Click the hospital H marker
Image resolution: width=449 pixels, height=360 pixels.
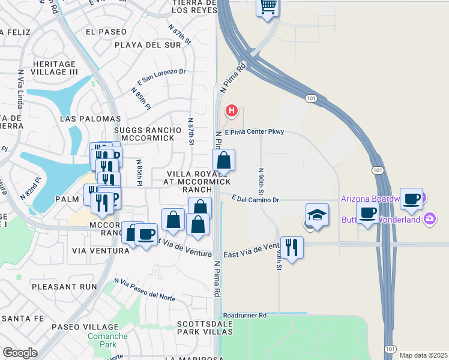231,111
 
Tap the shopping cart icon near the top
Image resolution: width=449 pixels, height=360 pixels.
268,7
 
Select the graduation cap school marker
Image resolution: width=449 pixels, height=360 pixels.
317,214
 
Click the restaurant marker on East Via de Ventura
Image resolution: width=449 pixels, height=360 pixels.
292,247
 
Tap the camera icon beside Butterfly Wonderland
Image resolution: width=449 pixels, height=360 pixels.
429,218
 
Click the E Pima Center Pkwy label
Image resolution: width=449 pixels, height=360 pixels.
254,132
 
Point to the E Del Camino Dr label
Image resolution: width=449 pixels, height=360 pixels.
256,199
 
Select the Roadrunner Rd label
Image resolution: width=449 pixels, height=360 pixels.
244,314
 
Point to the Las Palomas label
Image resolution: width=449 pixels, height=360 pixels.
91,119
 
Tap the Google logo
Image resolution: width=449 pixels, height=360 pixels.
20,353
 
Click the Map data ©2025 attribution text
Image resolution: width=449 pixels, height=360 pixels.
424,355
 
